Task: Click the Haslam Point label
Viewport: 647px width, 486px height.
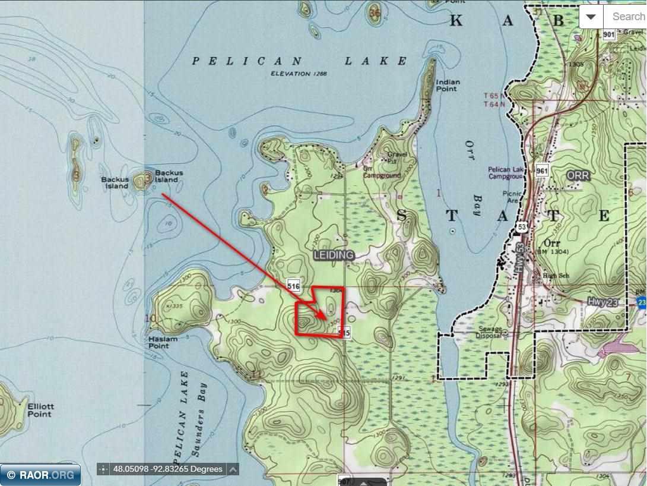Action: [x=163, y=342]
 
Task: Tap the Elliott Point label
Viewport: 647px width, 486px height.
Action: [x=40, y=410]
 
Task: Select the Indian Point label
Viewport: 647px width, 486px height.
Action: [x=446, y=85]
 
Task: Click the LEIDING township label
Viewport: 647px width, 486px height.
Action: [x=334, y=255]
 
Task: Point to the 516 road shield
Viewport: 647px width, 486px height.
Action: [x=293, y=286]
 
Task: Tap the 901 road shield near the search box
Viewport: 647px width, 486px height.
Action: [x=608, y=35]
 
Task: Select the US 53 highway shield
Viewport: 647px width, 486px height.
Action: [x=521, y=227]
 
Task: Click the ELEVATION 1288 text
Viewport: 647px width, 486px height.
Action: [x=299, y=74]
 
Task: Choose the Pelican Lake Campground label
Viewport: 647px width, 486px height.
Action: [x=506, y=172]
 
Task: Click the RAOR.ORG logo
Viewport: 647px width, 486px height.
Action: [x=40, y=474]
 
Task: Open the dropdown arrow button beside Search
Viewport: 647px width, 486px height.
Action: [x=591, y=17]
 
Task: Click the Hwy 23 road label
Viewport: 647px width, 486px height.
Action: [x=603, y=302]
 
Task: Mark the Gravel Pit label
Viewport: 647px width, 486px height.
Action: [x=396, y=157]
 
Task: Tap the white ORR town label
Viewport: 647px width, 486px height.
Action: [x=578, y=176]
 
